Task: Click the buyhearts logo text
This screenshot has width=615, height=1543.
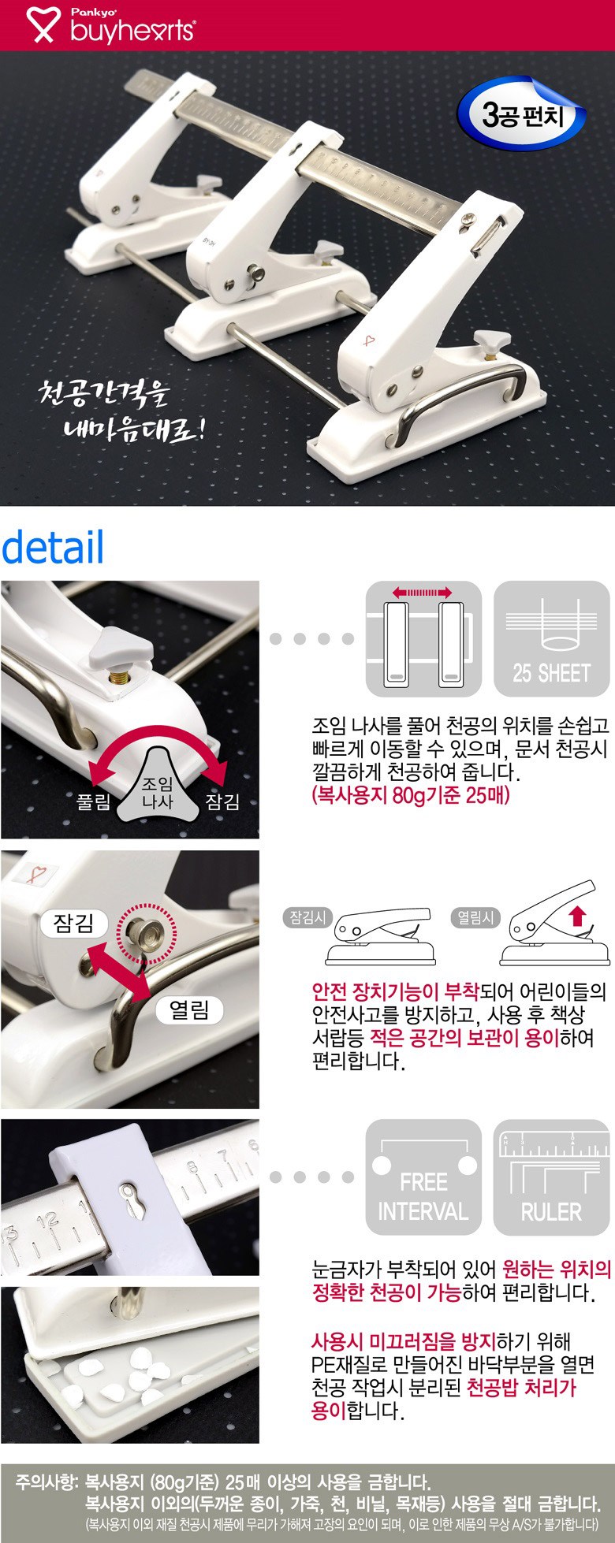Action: [131, 31]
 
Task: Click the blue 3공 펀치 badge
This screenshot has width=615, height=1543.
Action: [523, 115]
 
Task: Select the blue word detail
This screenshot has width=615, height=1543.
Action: [53, 546]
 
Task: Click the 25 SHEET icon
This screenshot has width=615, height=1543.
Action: [551, 639]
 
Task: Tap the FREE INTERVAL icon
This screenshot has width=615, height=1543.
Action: [423, 1177]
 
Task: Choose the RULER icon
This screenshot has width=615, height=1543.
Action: [551, 1177]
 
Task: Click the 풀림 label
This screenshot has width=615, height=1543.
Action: [93, 802]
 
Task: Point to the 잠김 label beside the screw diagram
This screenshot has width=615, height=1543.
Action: [223, 802]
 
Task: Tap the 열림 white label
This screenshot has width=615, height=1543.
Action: [189, 1010]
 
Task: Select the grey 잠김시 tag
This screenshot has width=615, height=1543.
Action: [308, 917]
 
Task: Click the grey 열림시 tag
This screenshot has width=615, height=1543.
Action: [475, 917]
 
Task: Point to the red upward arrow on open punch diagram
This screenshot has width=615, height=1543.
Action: [577, 916]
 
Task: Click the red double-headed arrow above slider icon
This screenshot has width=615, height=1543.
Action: [423, 592]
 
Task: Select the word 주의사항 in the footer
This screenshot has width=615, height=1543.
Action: [44, 1481]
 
